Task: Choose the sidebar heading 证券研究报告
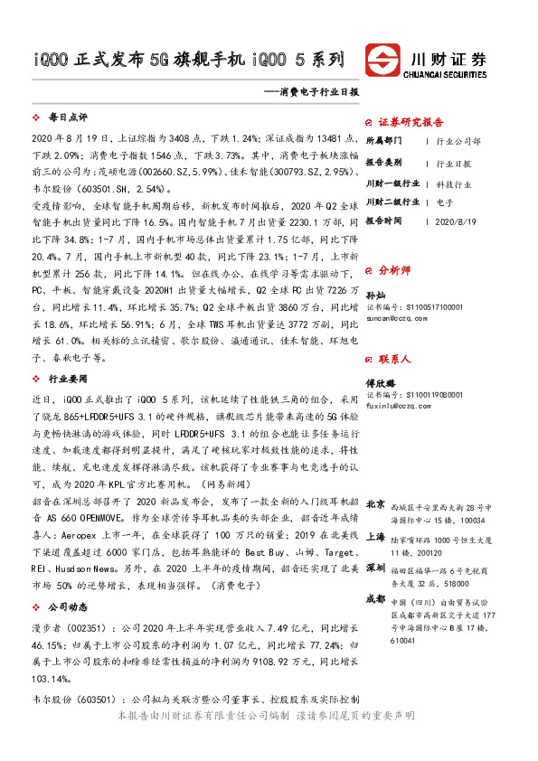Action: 411,121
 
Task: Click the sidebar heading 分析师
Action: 394,268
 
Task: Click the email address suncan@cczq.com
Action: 396,318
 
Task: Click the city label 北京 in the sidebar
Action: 377,503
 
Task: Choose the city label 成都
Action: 377,598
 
